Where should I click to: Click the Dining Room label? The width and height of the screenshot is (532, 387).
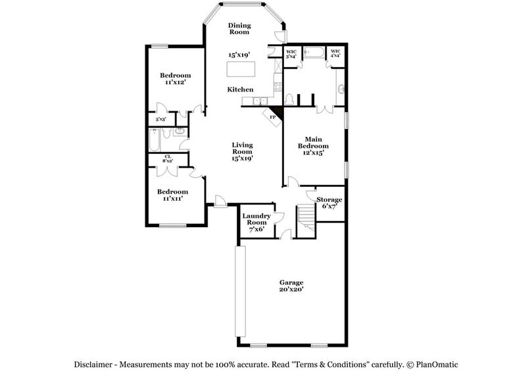(x=239, y=28)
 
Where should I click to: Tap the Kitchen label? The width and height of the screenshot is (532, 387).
(x=240, y=89)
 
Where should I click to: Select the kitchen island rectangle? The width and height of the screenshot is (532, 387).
(x=241, y=69)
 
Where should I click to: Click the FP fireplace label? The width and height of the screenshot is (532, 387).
(x=273, y=116)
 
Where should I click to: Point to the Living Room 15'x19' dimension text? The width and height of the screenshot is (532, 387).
(x=242, y=158)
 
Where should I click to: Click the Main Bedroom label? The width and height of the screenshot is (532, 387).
(x=312, y=142)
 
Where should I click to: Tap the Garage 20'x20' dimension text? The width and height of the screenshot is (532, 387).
(x=291, y=289)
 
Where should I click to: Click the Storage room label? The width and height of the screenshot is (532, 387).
(x=329, y=199)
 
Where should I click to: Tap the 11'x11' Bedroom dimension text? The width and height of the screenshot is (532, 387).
(x=173, y=197)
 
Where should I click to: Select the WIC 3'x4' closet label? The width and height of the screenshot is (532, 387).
(x=291, y=53)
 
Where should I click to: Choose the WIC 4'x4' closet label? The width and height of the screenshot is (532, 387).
(x=335, y=53)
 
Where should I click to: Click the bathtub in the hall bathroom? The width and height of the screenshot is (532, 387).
(x=155, y=140)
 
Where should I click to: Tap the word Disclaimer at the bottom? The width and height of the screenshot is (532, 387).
(x=97, y=364)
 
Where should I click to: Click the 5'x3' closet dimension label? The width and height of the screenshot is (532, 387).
(x=160, y=120)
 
